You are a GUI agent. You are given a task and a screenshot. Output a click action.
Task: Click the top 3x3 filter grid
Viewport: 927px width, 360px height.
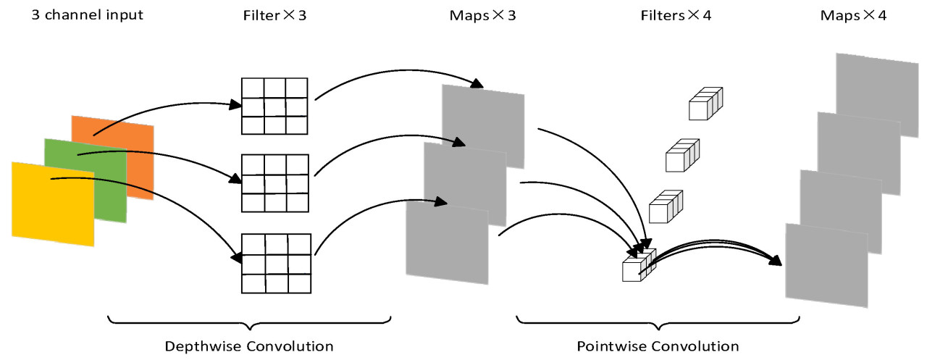click(x=275, y=106)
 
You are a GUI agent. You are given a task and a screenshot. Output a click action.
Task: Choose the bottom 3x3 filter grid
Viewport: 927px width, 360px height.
click(x=275, y=262)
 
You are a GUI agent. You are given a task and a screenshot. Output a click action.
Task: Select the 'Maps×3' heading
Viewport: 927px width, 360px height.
click(x=483, y=14)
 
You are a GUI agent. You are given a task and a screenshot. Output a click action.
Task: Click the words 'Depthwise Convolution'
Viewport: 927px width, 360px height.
click(x=249, y=346)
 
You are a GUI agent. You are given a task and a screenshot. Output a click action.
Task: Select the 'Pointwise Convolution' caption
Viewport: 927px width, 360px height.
click(x=658, y=346)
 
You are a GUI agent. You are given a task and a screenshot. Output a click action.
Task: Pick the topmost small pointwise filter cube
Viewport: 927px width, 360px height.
click(x=705, y=104)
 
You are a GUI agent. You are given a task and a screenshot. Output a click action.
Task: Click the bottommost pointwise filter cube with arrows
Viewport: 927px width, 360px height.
click(x=637, y=267)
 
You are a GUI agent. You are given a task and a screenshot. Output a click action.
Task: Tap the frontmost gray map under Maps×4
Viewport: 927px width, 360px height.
click(x=826, y=265)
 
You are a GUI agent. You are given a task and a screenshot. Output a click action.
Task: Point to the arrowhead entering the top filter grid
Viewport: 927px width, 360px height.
click(x=235, y=105)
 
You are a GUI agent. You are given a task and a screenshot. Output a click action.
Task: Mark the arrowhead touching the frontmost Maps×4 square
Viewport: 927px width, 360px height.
click(x=776, y=260)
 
